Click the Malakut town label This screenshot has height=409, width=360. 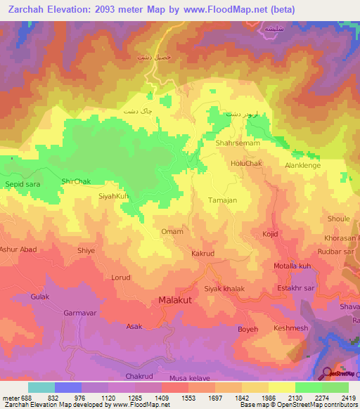[x=174, y=301]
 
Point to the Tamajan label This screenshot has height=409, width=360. [x=222, y=200]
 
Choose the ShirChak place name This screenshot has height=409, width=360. [x=76, y=181]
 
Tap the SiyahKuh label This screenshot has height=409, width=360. [x=114, y=196]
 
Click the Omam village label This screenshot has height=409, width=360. [x=172, y=232]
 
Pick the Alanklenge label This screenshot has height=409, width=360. [x=302, y=165]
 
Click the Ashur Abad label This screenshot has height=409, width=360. [x=18, y=250]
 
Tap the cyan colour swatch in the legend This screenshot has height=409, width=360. [x=41, y=387]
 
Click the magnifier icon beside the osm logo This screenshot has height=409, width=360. [x=328, y=373]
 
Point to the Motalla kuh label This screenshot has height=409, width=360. [x=292, y=266]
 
